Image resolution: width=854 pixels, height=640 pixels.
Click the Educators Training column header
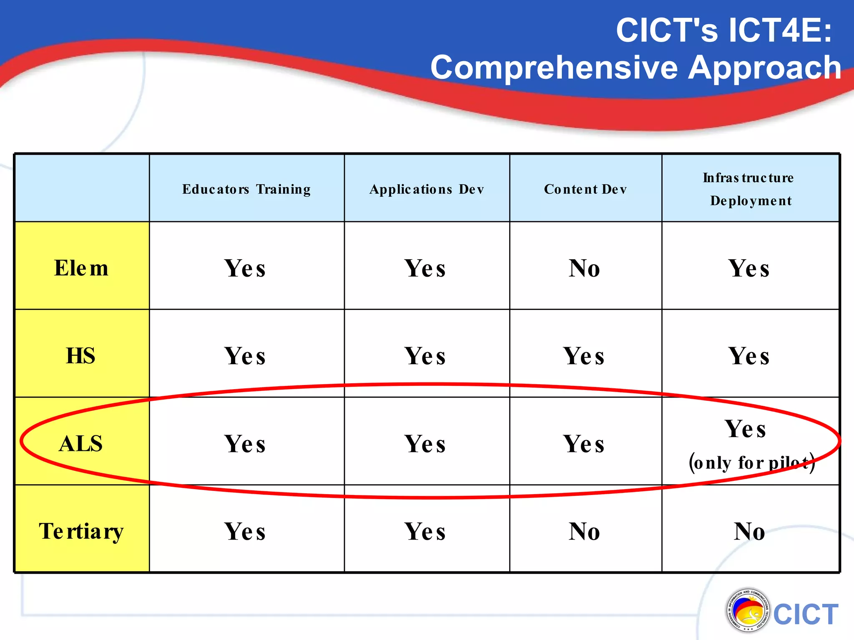click(x=246, y=189)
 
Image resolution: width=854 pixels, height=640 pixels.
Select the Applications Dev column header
click(x=427, y=189)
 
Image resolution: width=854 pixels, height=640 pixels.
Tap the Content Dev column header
click(x=585, y=189)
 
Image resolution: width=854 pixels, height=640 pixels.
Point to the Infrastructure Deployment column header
click(x=750, y=189)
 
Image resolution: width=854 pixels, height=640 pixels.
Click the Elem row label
click(x=81, y=267)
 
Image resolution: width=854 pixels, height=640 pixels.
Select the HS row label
click(x=81, y=355)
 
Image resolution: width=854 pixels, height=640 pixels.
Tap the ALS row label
click(x=81, y=443)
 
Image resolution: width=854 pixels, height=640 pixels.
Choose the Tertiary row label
click(x=81, y=531)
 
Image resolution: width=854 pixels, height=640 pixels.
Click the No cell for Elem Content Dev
click(x=585, y=268)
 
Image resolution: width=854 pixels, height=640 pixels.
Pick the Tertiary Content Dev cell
click(x=585, y=531)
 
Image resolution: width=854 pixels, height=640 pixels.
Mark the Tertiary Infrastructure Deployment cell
click(x=750, y=531)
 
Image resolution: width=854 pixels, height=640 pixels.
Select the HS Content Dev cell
click(x=584, y=356)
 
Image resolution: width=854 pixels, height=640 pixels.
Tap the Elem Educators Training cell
click(x=245, y=268)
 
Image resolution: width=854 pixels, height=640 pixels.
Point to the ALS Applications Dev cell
click(x=425, y=443)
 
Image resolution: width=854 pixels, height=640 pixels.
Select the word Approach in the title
click(x=764, y=67)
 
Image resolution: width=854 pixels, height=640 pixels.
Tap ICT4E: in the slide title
click(x=781, y=30)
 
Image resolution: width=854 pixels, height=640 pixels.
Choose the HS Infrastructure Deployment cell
click(x=749, y=356)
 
